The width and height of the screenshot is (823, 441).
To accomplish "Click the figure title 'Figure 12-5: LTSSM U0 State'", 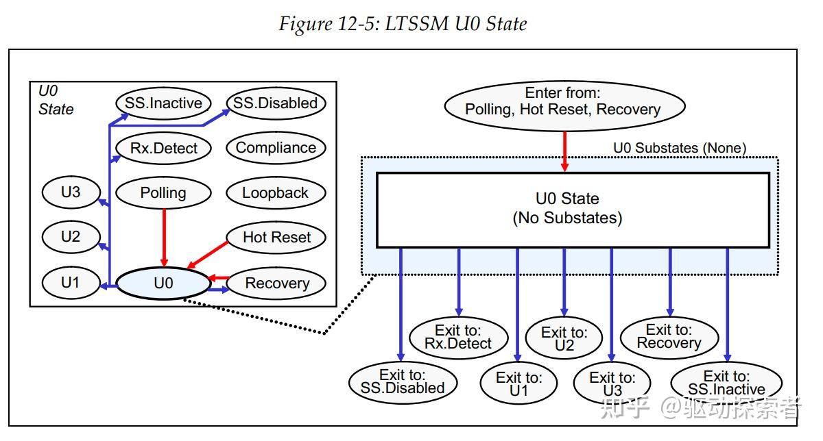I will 403,24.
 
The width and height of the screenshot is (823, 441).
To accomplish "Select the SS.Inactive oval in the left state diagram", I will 163,103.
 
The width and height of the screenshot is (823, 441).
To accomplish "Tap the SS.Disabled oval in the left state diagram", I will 275,103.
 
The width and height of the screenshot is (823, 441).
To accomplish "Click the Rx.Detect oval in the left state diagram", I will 163,148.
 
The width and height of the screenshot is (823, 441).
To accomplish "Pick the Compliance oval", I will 276,148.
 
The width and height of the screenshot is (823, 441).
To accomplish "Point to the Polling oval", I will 163,193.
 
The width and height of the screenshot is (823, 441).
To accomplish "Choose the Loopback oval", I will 276,193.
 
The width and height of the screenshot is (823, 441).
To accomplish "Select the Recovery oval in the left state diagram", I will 277,283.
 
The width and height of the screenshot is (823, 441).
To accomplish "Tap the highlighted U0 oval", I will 163,283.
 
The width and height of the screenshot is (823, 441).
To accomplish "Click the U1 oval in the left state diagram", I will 71,282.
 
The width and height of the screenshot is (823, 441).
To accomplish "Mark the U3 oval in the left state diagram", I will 71,192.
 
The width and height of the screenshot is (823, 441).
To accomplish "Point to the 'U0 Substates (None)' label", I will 679,148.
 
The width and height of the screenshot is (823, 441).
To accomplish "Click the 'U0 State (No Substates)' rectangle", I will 573,209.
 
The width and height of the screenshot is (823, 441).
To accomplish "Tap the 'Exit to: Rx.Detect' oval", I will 459,337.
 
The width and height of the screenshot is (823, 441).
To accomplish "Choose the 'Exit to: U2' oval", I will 564,338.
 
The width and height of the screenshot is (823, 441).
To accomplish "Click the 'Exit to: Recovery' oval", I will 669,337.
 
